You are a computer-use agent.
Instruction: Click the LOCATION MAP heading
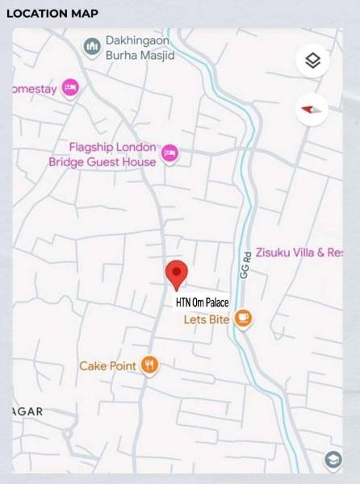(52, 14)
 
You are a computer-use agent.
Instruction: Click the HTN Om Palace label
(202, 303)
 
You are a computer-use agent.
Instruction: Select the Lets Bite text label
(207, 319)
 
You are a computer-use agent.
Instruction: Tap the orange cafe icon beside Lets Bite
(243, 319)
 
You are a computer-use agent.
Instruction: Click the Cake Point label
(107, 366)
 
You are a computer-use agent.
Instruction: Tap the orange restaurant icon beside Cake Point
(149, 366)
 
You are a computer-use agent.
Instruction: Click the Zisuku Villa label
(299, 252)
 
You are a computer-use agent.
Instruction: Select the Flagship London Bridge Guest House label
(103, 154)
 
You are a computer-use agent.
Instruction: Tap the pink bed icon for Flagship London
(170, 152)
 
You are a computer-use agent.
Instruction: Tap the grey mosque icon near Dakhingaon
(92, 48)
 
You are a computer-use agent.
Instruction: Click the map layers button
(313, 61)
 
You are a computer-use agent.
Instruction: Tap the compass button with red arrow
(312, 109)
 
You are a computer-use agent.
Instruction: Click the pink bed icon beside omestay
(70, 87)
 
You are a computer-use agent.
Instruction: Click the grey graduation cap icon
(333, 460)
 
